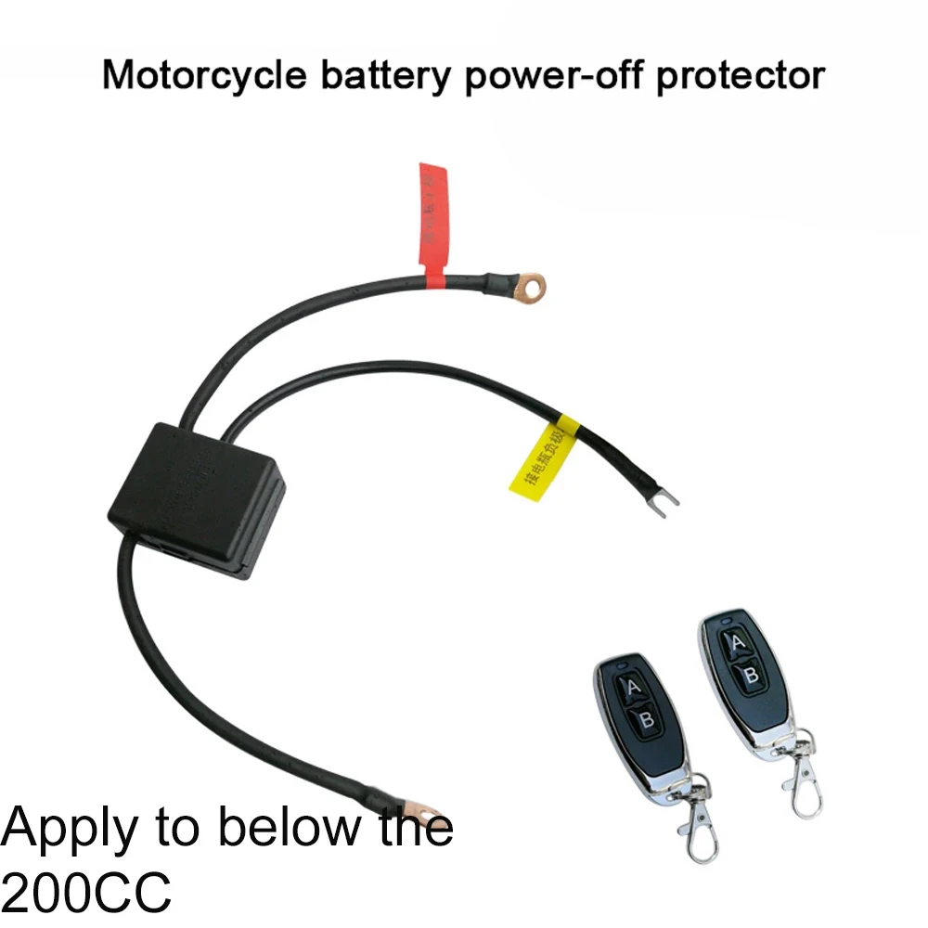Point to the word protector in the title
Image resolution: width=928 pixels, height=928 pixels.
click(x=740, y=75)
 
